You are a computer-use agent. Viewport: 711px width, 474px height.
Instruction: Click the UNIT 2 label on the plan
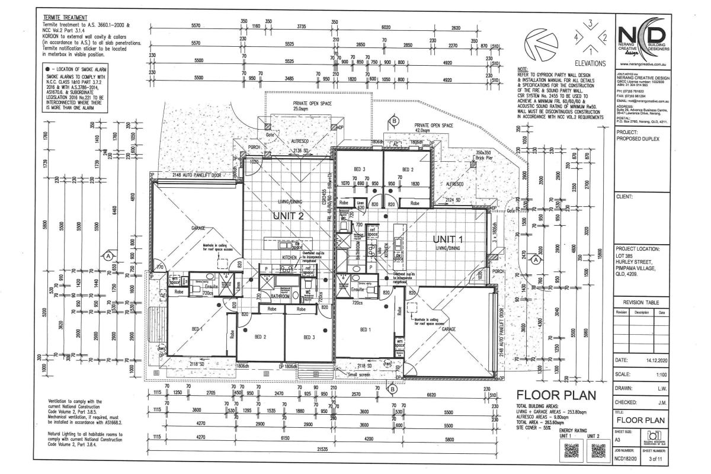click(289, 216)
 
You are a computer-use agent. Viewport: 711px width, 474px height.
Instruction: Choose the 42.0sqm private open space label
click(430, 130)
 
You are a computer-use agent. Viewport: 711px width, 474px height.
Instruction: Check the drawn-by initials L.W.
click(658, 388)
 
